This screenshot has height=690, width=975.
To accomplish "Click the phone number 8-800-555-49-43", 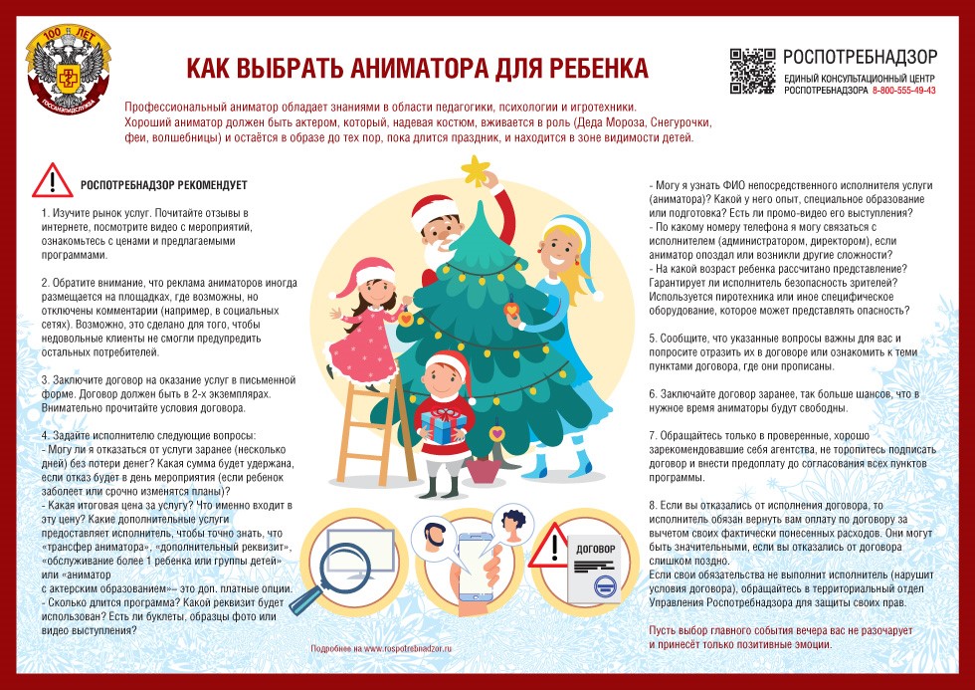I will [903, 91].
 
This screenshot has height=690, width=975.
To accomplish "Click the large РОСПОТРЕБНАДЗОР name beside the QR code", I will [859, 57].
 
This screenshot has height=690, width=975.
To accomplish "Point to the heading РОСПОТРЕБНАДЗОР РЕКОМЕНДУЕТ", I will [163, 185].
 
